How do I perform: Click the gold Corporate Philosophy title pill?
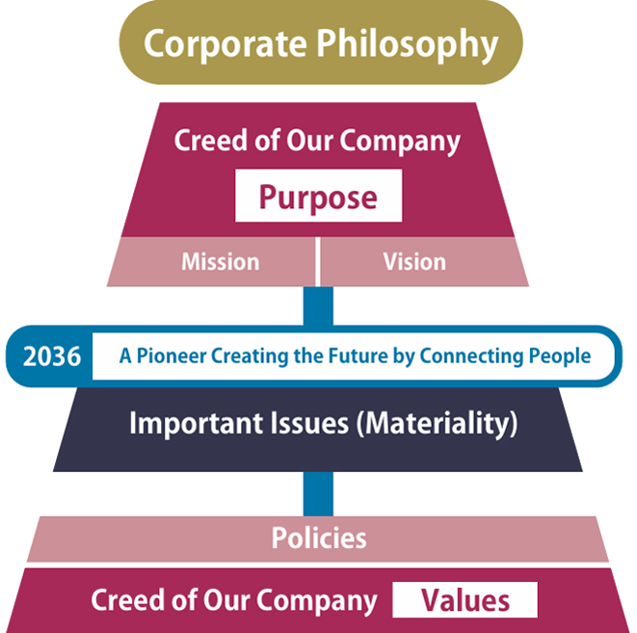tap(320, 43)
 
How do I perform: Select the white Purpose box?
tap(317, 198)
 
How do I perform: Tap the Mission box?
tap(220, 262)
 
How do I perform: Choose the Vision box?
tap(413, 262)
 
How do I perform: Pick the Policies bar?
tap(318, 538)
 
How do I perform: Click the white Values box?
tap(464, 601)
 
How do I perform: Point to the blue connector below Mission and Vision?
tap(318, 306)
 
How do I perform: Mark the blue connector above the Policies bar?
tap(318, 494)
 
